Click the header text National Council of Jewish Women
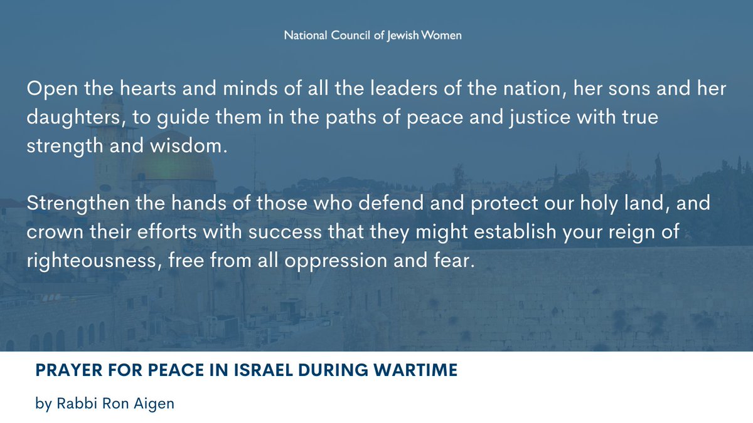(x=373, y=35)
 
